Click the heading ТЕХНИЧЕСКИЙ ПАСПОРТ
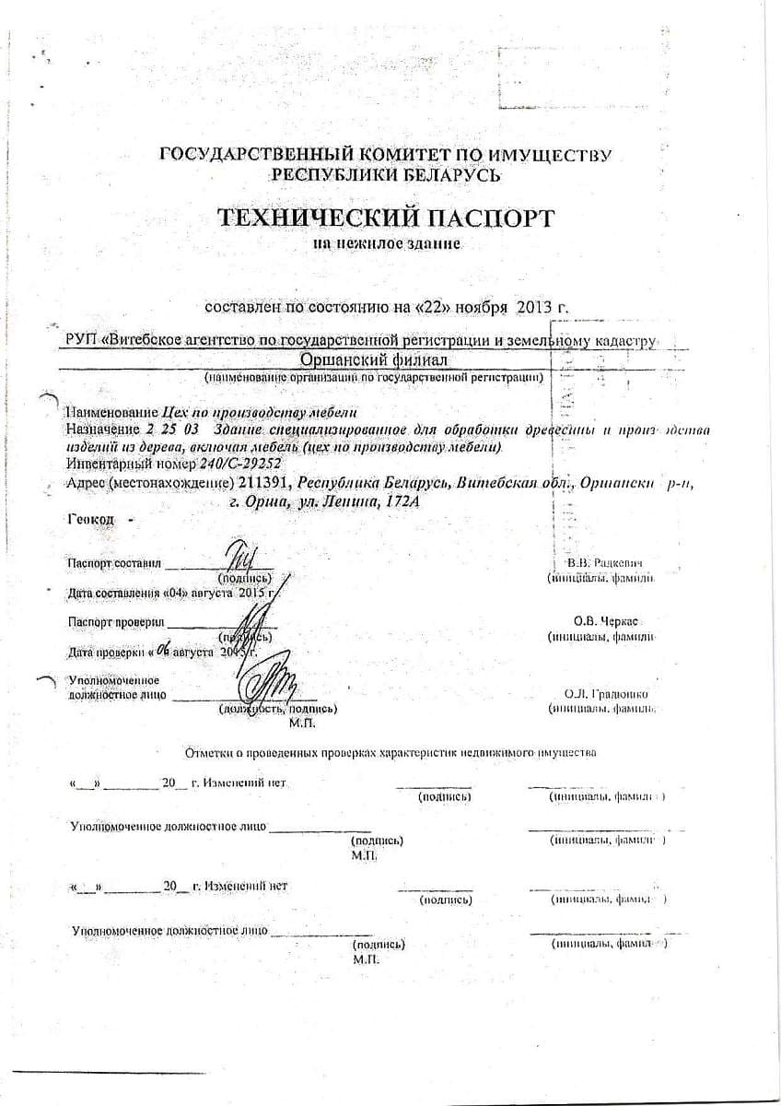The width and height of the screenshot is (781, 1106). click(386, 218)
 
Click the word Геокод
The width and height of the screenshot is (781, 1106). click(90, 520)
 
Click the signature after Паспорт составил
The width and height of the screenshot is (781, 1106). click(239, 559)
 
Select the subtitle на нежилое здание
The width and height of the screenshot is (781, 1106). click(386, 244)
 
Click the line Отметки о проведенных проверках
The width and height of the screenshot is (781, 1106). click(390, 752)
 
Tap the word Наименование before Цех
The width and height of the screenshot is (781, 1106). click(106, 412)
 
